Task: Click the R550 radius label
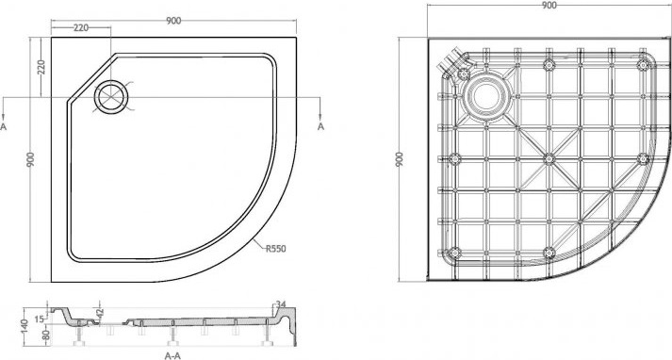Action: coord(275,249)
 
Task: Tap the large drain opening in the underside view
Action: coord(486,95)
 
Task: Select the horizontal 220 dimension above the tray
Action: coord(81,28)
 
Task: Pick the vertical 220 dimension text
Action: coord(41,67)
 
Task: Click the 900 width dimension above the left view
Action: coord(173,21)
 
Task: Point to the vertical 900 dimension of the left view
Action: coord(30,159)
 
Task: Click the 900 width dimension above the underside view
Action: coord(549,5)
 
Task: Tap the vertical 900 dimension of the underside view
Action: coord(400,159)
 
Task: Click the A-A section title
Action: coord(172,355)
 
